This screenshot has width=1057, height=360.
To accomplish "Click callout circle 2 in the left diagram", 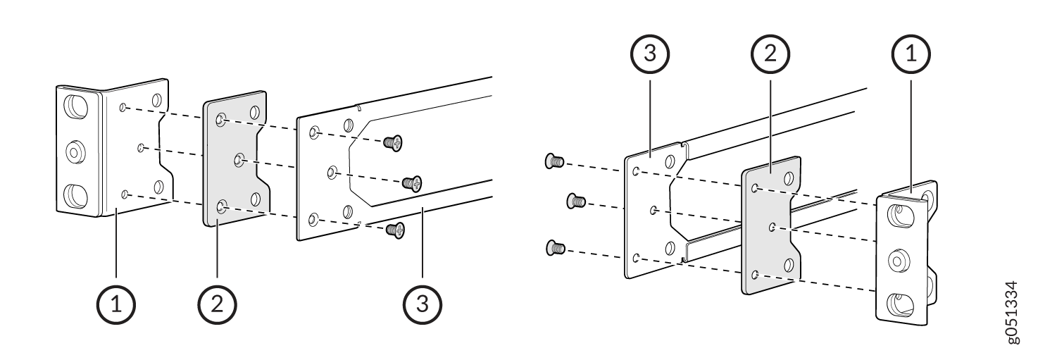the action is tap(217, 304).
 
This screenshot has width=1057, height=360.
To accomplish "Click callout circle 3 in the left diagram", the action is tap(423, 304).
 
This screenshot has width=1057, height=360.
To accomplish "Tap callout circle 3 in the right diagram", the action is tap(650, 54).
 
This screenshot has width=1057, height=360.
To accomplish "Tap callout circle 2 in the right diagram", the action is tap(770, 54).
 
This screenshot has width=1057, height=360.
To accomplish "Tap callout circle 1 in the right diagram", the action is tap(911, 54).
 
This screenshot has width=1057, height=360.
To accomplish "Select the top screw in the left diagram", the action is tap(393, 142).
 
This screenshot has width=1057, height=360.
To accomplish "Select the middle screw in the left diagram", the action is tap(412, 182).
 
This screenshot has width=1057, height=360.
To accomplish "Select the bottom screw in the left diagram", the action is tap(396, 229).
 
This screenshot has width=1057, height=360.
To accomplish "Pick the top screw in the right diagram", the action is tap(554, 161).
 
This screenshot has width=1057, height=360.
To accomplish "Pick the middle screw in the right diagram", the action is tap(576, 201).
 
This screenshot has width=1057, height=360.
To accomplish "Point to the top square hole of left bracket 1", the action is tap(76, 106).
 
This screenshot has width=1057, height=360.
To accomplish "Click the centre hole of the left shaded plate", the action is tap(239, 161).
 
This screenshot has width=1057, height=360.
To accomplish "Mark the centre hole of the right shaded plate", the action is tap(773, 228).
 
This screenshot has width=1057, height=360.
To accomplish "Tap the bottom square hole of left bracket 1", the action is tap(76, 195).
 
